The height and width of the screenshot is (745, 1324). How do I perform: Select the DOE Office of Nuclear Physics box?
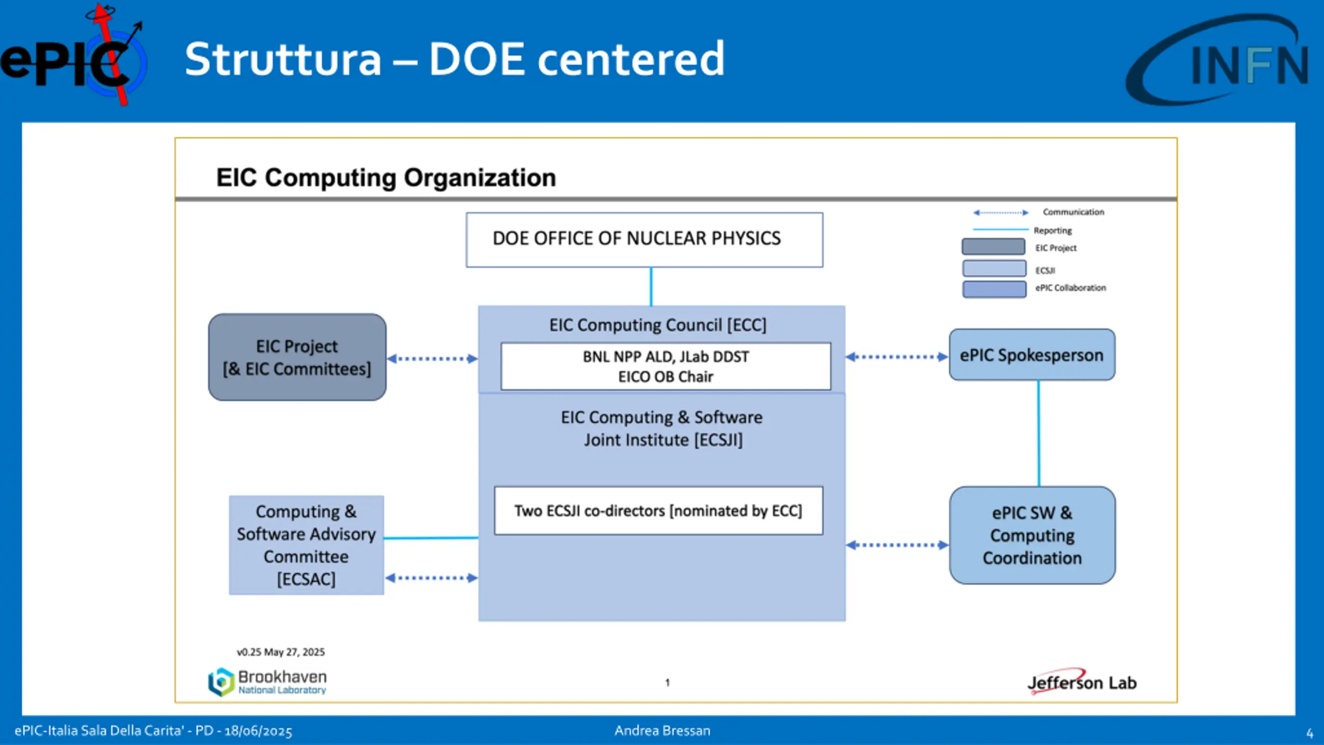[x=644, y=240]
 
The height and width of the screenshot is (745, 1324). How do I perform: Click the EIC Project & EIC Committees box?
[x=297, y=357]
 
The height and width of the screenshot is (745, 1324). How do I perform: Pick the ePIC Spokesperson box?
[x=1032, y=355]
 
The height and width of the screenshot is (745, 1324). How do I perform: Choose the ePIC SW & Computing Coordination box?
[x=1032, y=535]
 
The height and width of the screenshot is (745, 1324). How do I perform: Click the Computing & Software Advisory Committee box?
[x=306, y=545]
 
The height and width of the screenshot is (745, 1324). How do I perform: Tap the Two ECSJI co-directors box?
[x=658, y=511]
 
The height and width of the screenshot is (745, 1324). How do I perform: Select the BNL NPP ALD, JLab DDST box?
[x=666, y=366]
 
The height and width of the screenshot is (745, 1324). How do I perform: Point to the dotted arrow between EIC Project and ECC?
[x=432, y=359]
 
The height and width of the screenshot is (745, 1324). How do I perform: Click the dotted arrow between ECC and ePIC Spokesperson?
[x=897, y=356]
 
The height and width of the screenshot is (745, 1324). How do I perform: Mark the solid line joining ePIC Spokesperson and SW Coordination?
[x=1039, y=434]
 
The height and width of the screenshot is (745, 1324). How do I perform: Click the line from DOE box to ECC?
[x=651, y=286]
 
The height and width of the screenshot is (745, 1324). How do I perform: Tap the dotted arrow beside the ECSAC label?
[x=431, y=578]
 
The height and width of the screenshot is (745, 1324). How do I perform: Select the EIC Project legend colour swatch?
[x=993, y=247]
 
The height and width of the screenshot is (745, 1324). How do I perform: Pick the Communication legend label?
[x=1073, y=212]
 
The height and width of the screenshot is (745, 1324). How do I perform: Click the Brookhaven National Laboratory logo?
[x=267, y=682]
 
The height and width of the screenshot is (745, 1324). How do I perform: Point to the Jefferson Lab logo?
[x=1081, y=682]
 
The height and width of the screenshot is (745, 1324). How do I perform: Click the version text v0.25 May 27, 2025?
[x=281, y=652]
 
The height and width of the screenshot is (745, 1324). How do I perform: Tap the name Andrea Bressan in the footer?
[x=662, y=731]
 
